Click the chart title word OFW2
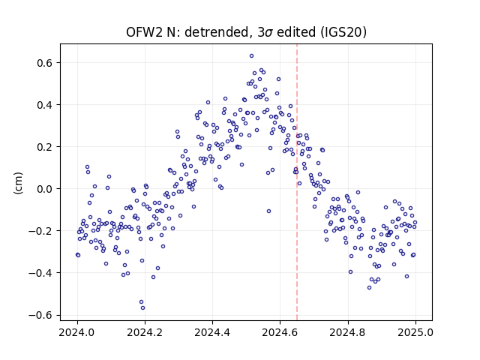tap(145, 32)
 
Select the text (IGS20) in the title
tap(343, 32)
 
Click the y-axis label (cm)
tap(18, 183)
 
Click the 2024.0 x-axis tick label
tap(77, 332)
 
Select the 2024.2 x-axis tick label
tap(145, 332)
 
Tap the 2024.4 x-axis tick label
tap(212, 332)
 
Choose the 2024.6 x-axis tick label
tap(280, 332)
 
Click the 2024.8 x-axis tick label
tap(348, 332)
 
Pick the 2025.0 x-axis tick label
tap(415, 332)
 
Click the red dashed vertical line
tap(297, 182)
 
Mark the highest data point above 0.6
tap(252, 56)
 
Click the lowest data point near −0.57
tap(142, 308)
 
